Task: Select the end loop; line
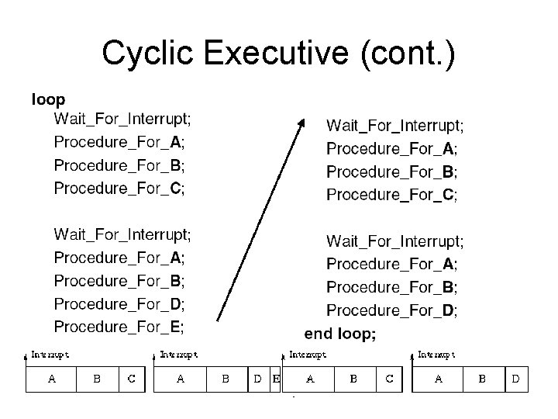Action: [340, 334]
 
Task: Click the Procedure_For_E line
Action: [119, 326]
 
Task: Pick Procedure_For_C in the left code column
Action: [119, 188]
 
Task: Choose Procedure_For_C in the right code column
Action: [392, 194]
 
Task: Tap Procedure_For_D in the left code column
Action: [119, 303]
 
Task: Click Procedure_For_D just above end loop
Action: [392, 310]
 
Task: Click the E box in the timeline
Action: [275, 379]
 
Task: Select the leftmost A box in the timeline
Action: [52, 379]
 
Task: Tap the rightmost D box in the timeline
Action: [516, 379]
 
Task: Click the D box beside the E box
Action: [258, 379]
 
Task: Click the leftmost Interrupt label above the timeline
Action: [50, 354]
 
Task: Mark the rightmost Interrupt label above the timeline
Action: [437, 354]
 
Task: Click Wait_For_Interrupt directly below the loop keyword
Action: [122, 119]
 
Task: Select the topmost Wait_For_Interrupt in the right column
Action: [395, 124]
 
